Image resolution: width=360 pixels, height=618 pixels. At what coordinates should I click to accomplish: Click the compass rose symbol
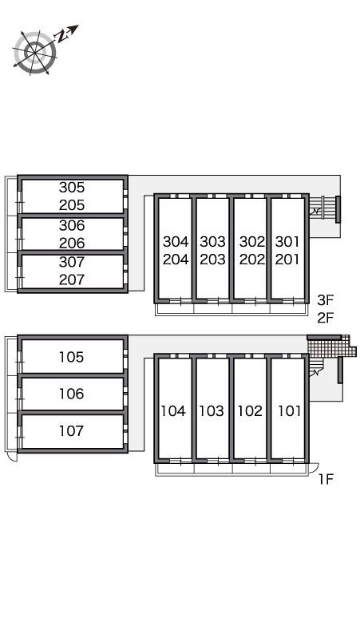point(35,53)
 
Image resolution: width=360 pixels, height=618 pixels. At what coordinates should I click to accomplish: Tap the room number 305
point(72,187)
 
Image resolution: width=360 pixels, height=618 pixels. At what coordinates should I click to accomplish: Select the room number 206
point(72,243)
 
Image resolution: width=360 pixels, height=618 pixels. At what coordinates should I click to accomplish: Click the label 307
point(72,262)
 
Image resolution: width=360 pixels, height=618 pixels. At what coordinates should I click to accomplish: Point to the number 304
point(176,242)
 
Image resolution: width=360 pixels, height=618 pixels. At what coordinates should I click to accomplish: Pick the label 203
point(212,259)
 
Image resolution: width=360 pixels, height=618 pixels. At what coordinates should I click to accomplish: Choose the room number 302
point(252,242)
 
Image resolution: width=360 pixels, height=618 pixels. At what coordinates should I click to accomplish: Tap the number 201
point(287,259)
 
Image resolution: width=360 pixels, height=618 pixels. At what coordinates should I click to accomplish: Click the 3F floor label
point(326,300)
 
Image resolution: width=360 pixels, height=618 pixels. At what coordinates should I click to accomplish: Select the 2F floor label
point(326,318)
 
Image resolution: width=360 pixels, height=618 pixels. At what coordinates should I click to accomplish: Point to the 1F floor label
point(326,479)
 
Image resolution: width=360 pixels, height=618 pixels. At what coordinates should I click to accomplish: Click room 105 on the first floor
point(72,357)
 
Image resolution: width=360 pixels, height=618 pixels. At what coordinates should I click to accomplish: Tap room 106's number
point(72,394)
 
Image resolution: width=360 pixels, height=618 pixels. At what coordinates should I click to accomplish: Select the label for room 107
point(72,431)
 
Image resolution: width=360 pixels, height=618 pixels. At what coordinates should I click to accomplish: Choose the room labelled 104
point(173,411)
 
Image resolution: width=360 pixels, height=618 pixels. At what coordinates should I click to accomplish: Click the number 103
point(212,411)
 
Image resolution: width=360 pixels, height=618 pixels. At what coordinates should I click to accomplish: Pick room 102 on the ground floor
point(250,411)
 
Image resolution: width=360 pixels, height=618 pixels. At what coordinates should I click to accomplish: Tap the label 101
point(290,411)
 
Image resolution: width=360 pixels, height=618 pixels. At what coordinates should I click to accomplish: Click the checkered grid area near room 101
point(330,347)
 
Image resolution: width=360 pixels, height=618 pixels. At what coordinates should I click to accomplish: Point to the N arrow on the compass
point(67,33)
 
